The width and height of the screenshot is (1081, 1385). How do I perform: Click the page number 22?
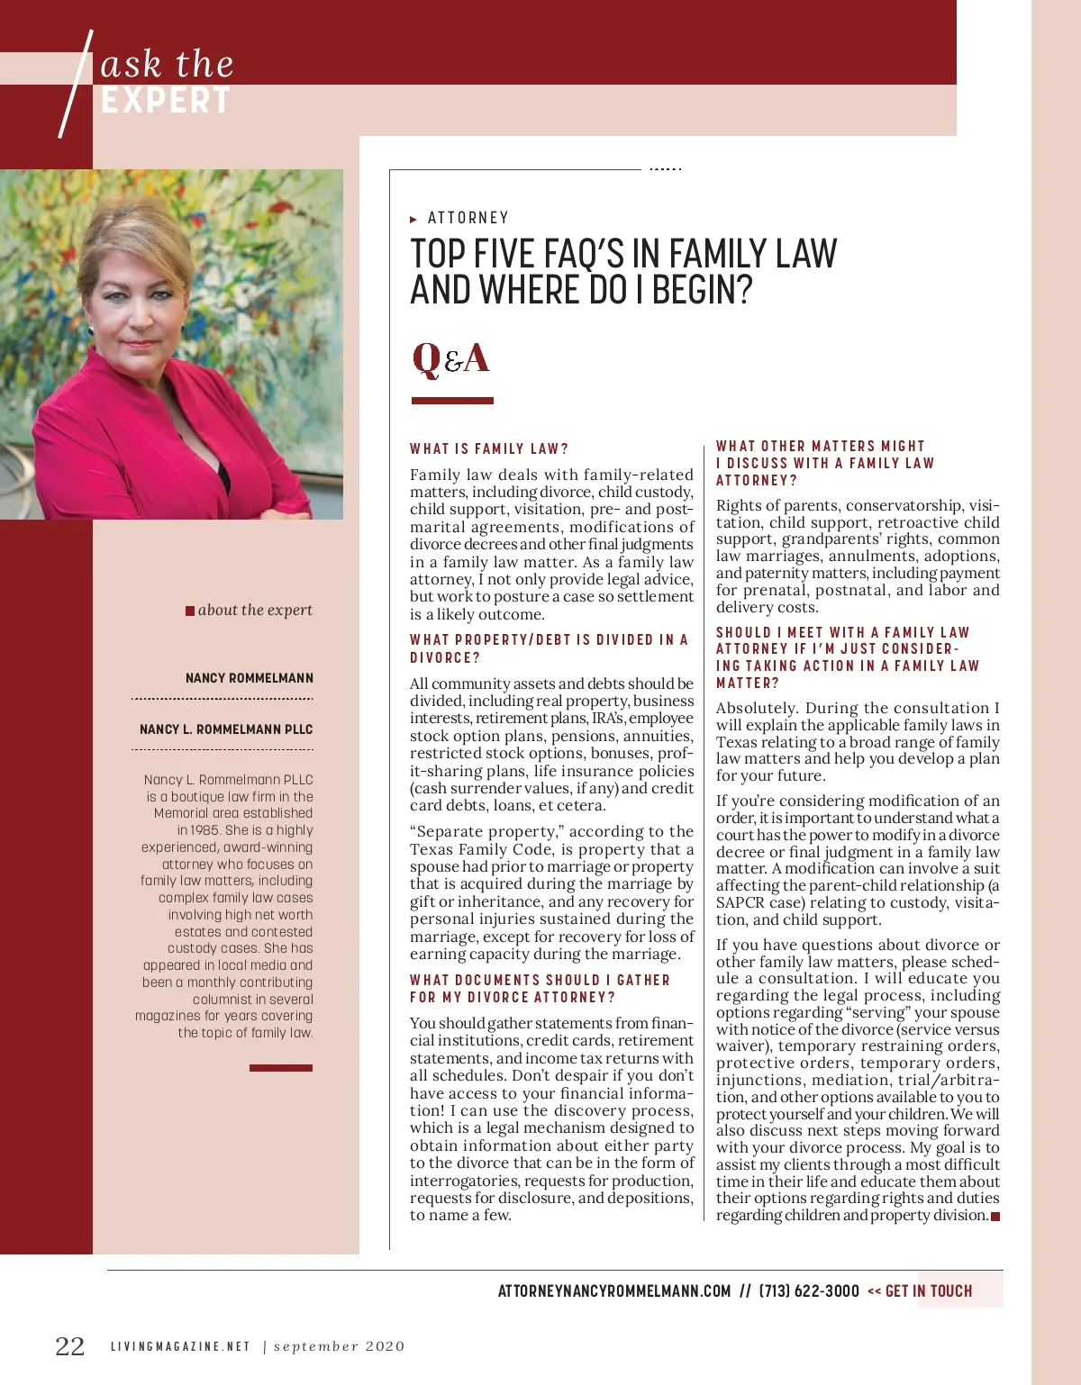click(70, 1346)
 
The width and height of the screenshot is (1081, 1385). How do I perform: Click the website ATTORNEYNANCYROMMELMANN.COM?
click(614, 1291)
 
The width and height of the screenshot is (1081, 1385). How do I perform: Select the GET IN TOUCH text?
click(929, 1291)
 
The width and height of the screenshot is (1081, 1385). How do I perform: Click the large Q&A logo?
click(450, 358)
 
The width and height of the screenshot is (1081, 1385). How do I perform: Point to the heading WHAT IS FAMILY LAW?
click(489, 448)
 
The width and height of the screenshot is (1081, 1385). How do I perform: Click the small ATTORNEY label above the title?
click(468, 218)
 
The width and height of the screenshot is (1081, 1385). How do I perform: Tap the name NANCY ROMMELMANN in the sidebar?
click(250, 678)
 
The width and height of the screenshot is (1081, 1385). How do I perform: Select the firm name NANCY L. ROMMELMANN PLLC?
click(226, 729)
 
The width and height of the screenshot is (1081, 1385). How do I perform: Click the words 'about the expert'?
click(255, 611)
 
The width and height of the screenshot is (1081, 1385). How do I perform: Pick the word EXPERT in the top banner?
click(166, 101)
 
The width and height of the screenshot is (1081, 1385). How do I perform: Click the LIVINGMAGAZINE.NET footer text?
click(180, 1347)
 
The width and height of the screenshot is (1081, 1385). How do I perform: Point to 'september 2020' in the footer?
click(340, 1347)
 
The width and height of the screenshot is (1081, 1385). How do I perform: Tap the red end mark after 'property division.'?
click(995, 1217)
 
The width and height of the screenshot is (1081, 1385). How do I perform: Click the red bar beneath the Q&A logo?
click(452, 401)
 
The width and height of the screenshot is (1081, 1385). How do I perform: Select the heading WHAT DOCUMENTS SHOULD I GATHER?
click(540, 980)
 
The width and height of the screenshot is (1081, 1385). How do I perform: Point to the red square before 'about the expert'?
click(190, 611)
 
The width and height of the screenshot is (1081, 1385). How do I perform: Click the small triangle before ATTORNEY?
click(413, 219)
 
